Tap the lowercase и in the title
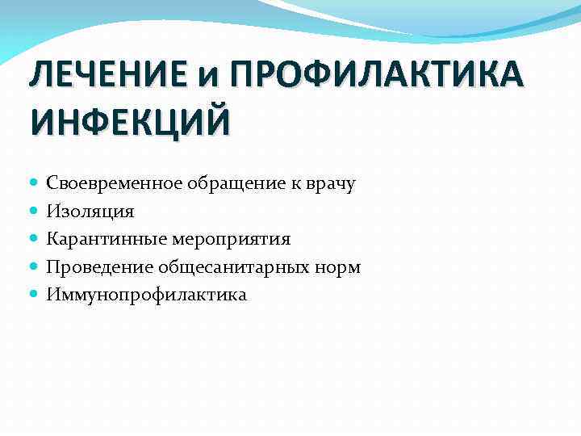[212, 80]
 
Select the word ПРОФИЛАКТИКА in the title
[377, 78]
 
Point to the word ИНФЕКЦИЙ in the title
[129, 123]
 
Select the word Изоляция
[90, 212]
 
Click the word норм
[340, 266]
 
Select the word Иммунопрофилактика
[147, 295]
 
